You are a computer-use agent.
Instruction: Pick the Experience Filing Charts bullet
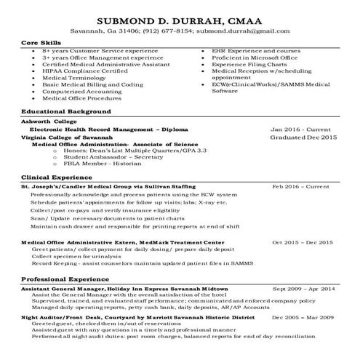[x=248, y=65]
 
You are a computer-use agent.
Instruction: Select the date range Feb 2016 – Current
[x=300, y=187]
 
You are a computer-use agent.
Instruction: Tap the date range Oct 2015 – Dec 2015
[x=302, y=241]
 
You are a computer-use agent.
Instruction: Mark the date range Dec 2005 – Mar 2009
[x=302, y=318]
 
